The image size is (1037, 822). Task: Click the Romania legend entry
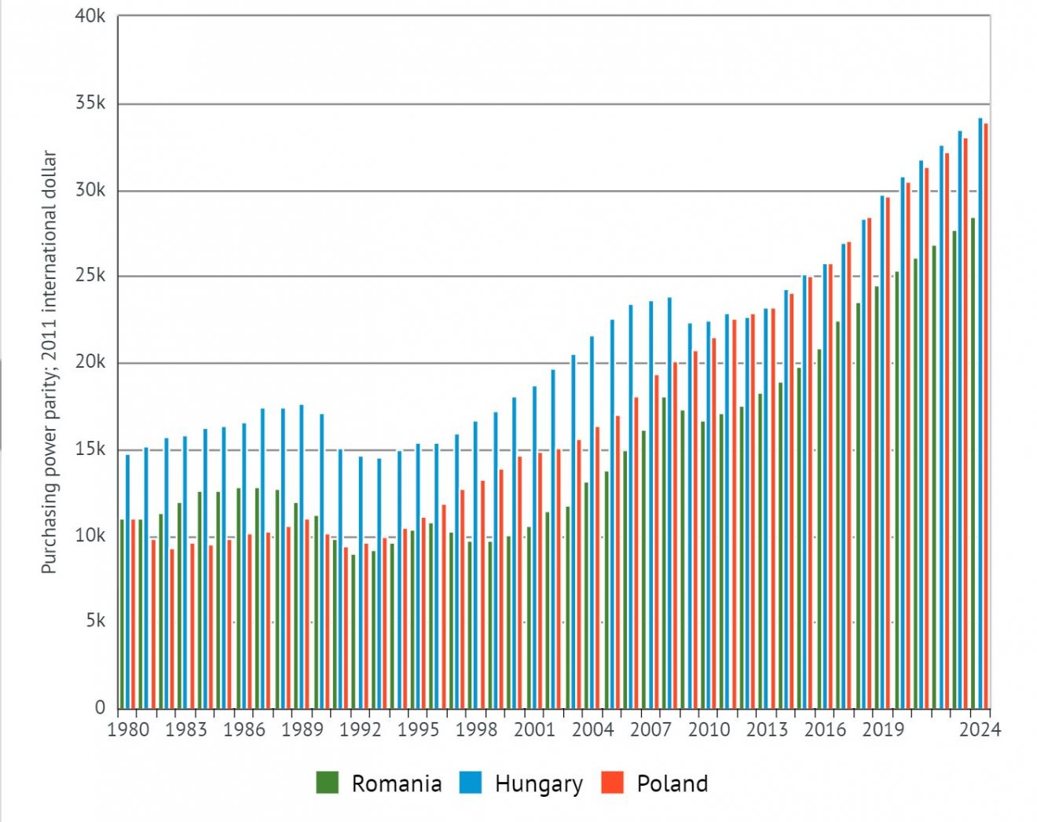[x=379, y=783]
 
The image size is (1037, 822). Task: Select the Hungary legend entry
[x=522, y=783]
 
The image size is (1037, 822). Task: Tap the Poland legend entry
[x=654, y=783]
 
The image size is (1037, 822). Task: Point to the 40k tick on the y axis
[x=90, y=17]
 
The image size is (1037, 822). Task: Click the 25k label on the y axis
[x=90, y=276]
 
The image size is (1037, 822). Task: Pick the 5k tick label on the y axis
[x=95, y=621]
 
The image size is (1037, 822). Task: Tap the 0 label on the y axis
[x=100, y=707]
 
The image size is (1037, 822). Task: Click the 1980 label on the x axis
[x=127, y=729]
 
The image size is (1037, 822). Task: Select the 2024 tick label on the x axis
[x=980, y=729]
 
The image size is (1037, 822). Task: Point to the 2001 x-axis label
[x=534, y=729]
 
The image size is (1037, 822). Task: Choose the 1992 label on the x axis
[x=360, y=729]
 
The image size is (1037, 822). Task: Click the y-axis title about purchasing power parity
[x=49, y=361]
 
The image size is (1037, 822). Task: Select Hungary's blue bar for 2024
[x=980, y=413]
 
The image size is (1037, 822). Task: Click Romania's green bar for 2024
[x=973, y=464]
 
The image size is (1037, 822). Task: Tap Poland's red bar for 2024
[x=986, y=417]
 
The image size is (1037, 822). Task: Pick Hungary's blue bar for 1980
[x=128, y=582]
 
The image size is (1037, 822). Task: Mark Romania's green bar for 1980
[x=122, y=613]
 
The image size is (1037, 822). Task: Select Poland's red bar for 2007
[x=657, y=542]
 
